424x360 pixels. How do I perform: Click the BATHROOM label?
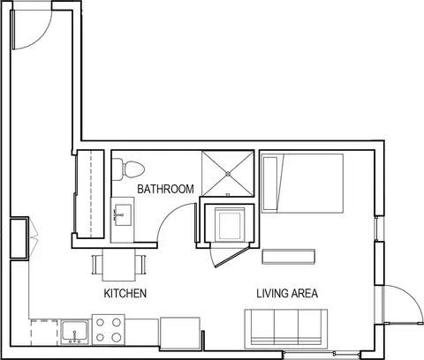coord(165,189)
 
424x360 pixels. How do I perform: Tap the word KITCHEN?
coord(125,293)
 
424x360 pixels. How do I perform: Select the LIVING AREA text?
coord(287,293)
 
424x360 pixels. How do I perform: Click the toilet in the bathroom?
coord(128,169)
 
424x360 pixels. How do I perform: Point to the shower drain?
coord(228,174)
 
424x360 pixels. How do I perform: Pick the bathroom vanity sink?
coord(123,215)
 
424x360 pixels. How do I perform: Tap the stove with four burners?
coord(109,329)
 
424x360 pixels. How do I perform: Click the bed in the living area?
coord(302,184)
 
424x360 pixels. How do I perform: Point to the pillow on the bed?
coord(270,184)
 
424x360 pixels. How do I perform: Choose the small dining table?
coord(119,265)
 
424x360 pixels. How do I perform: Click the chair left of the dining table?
coord(97,265)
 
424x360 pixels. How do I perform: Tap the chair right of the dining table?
coord(140,265)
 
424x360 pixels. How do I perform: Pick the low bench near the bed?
coord(289,257)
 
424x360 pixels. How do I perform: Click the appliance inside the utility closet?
coord(230,225)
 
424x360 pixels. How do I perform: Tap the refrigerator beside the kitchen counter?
coord(180,333)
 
